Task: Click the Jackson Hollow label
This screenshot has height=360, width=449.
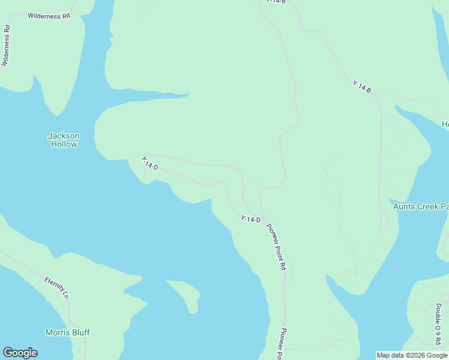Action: click(64, 140)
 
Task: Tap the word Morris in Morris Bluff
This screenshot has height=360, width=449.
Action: click(58, 332)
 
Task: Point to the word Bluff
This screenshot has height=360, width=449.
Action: click(81, 332)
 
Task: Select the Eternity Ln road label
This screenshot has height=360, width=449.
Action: click(56, 287)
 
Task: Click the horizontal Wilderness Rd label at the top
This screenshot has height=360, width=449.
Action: click(49, 16)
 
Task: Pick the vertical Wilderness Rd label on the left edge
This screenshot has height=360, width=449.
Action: click(6, 45)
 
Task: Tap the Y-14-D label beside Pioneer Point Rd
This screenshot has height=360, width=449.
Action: click(250, 219)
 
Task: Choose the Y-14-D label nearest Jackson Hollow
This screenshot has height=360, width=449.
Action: click(149, 163)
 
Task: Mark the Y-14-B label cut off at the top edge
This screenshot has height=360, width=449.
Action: click(276, 2)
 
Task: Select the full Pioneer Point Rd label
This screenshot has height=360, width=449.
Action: click(276, 246)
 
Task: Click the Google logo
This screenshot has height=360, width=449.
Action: click(20, 353)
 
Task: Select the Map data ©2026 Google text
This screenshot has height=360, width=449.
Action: click(412, 355)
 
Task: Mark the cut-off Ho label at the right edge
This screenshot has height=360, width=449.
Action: click(445, 124)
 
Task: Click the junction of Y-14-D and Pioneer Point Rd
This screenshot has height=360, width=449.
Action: click(262, 217)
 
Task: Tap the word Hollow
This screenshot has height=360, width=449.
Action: click(64, 144)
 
